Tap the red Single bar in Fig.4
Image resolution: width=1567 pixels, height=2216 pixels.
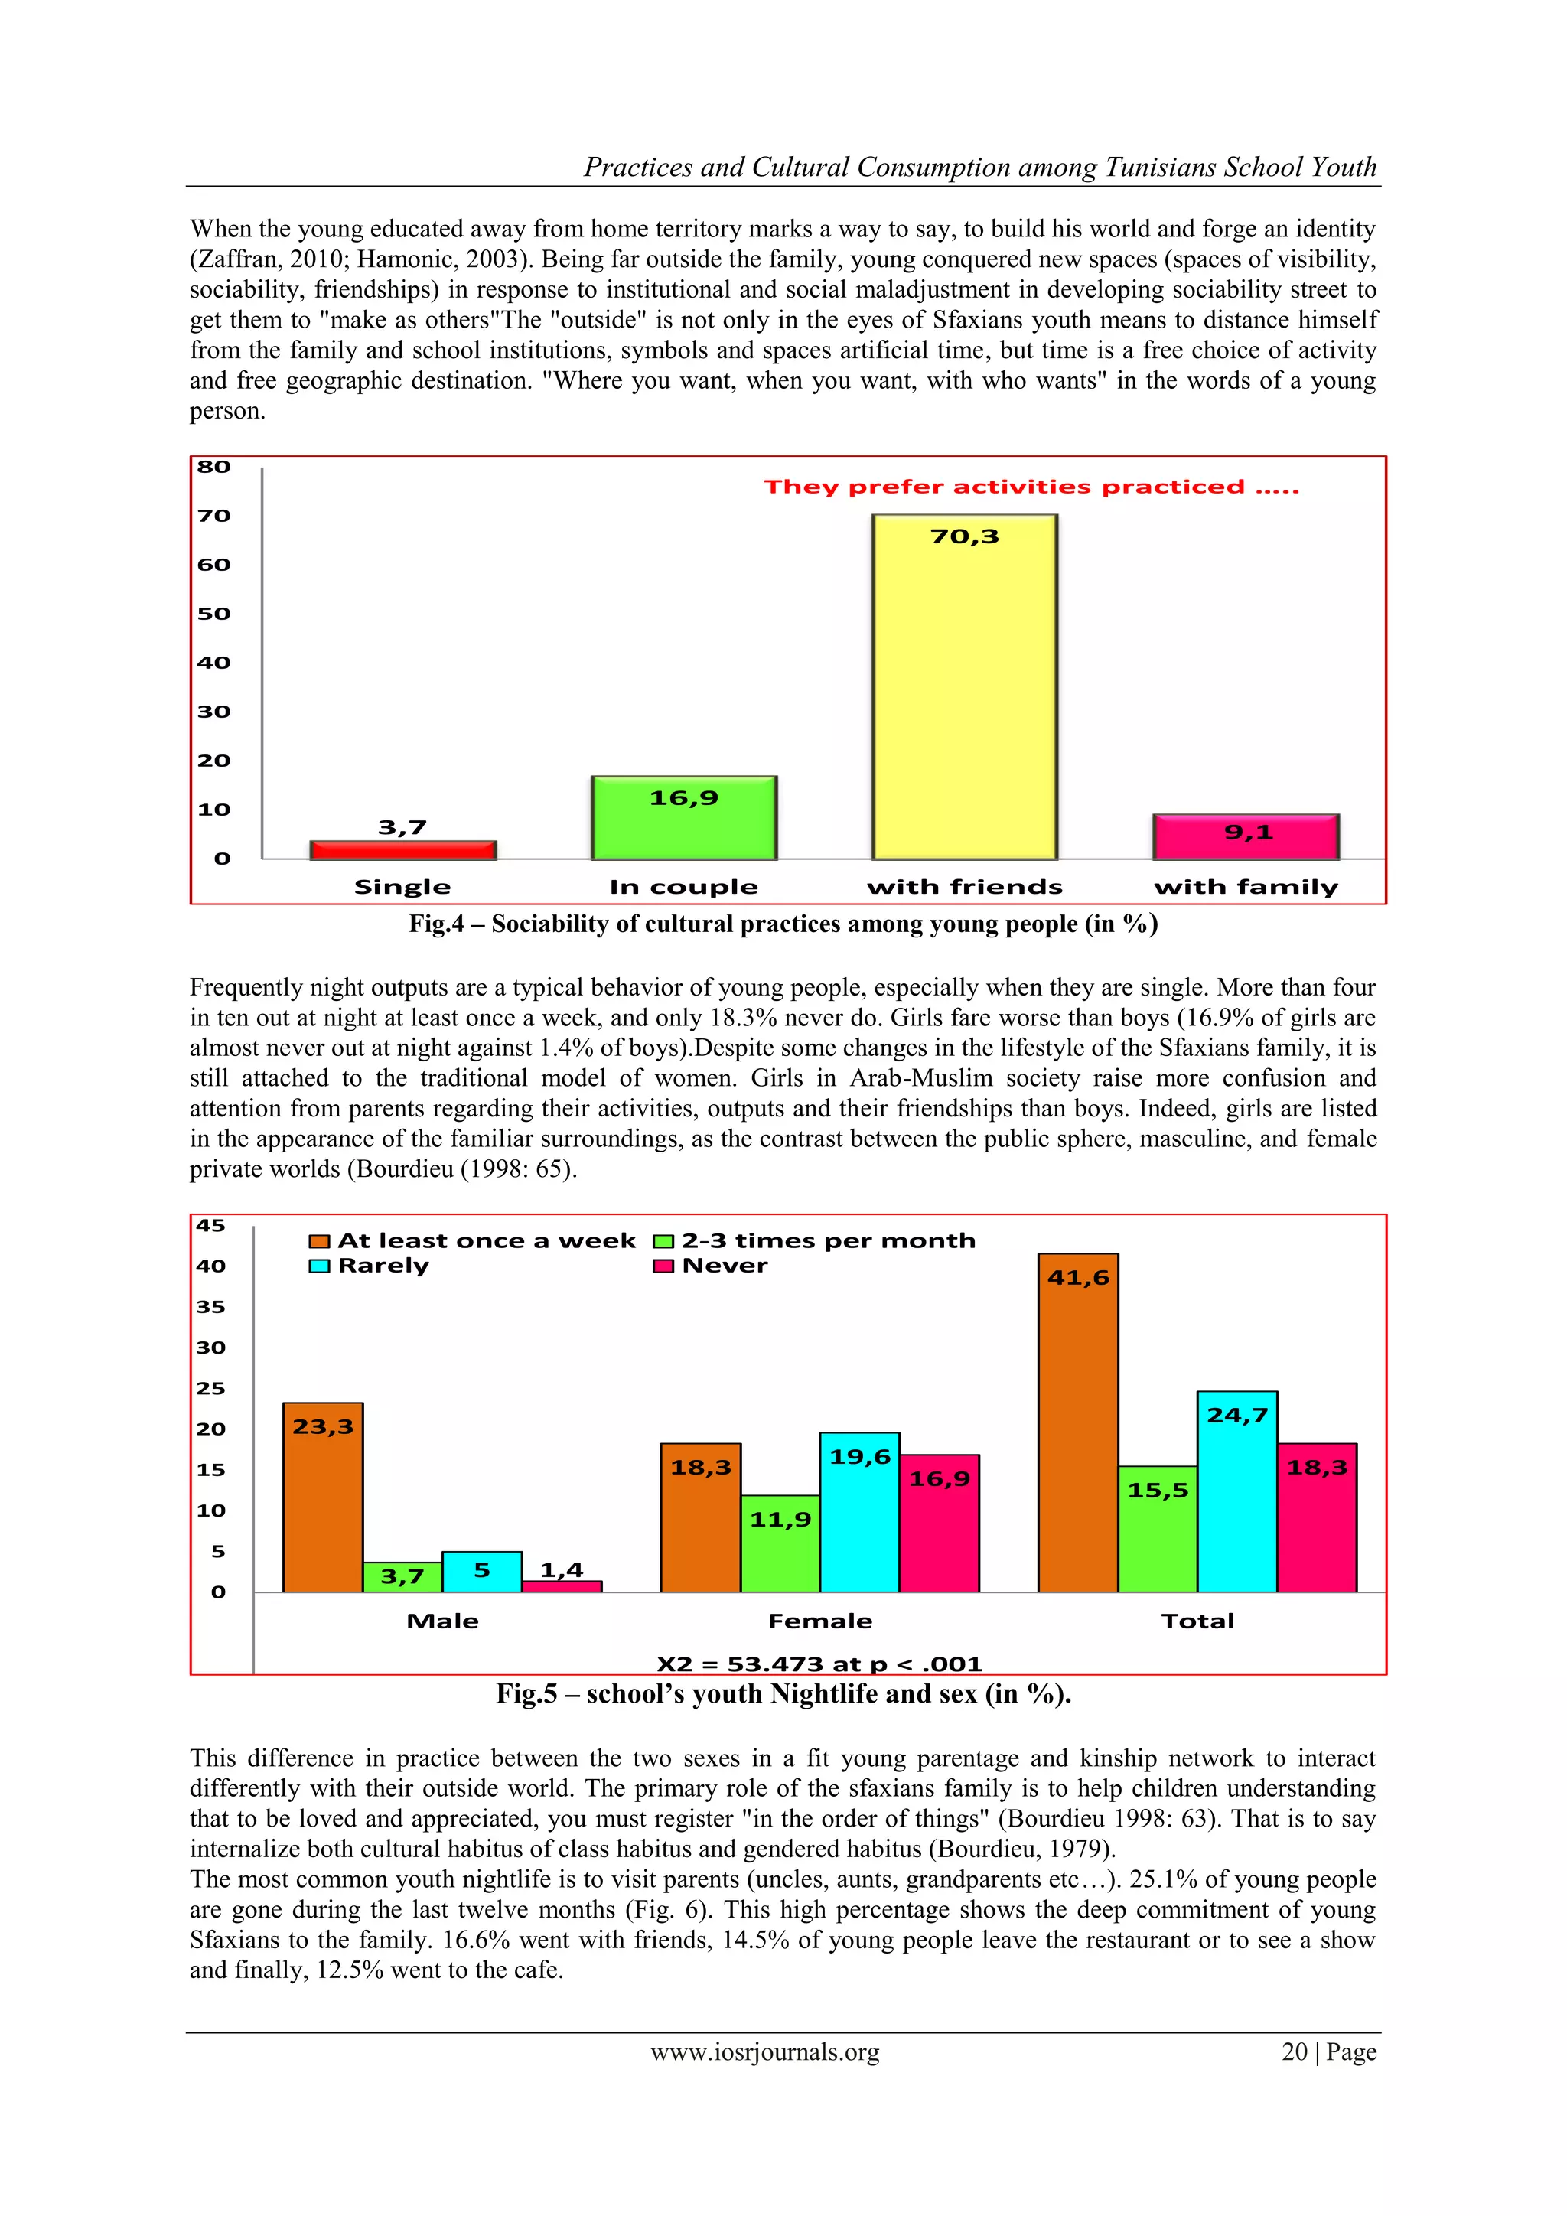coord(402,850)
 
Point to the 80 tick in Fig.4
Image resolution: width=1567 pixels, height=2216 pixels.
coord(214,467)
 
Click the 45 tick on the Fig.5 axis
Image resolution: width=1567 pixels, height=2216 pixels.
coord(210,1226)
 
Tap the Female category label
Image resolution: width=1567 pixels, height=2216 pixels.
coord(820,1621)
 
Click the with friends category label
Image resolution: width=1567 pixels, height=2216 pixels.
coord(965,887)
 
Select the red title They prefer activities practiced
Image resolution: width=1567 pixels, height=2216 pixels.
coord(1031,487)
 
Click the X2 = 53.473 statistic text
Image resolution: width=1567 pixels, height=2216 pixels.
coord(819,1664)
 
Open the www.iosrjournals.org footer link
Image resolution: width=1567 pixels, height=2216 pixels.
coord(765,2052)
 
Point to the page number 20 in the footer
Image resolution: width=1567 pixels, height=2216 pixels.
coord(1294,2052)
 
